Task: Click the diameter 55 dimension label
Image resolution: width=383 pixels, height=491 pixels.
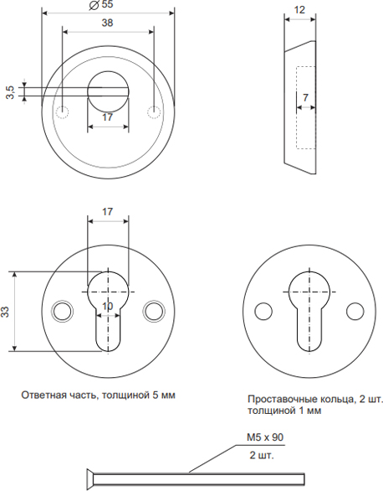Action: click(101, 5)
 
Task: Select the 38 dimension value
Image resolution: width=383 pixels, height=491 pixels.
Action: click(107, 23)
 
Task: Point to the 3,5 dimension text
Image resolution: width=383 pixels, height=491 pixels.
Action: click(10, 92)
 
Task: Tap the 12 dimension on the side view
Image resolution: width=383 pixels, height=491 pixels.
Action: click(299, 10)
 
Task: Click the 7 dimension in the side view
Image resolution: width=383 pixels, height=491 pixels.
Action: click(305, 98)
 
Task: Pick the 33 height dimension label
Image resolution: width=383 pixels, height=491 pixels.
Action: click(5, 312)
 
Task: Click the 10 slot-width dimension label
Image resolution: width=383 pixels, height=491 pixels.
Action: click(108, 307)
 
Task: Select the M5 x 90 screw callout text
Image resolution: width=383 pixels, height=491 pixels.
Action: click(265, 437)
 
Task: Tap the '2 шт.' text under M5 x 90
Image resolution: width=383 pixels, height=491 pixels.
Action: click(262, 455)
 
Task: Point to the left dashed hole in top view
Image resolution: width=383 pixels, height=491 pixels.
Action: click(62, 111)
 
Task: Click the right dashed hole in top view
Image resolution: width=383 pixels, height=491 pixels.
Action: click(154, 111)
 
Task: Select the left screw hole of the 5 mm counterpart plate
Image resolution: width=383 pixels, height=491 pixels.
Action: click(62, 311)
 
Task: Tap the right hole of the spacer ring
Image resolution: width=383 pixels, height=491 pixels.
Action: click(355, 311)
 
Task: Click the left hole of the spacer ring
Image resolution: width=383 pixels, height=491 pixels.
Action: click(263, 311)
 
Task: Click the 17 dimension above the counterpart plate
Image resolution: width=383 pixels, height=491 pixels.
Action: click(108, 212)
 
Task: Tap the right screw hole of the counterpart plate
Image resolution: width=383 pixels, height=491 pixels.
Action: click(154, 311)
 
